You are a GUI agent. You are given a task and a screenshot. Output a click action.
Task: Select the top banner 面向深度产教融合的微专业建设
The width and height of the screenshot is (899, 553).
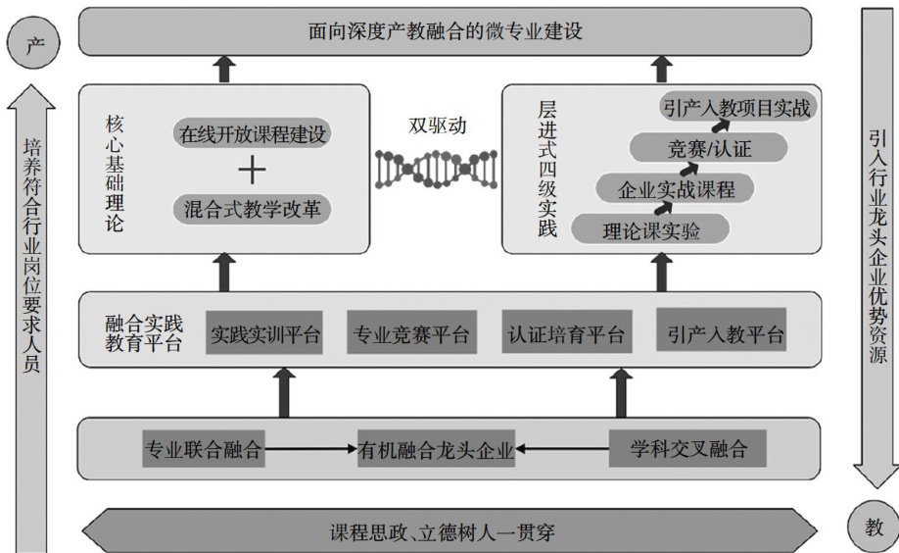[x=445, y=31]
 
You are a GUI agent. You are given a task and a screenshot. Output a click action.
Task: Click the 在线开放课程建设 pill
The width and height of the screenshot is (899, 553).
[x=253, y=133]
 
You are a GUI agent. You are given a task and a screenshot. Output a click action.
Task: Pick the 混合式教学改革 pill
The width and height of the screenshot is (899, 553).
[x=253, y=209]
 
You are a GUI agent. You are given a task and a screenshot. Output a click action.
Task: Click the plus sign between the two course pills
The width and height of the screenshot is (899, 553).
[x=252, y=171]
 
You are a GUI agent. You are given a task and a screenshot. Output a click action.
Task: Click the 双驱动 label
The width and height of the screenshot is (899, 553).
[x=438, y=126]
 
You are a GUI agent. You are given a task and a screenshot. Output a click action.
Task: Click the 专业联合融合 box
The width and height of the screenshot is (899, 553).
[x=204, y=450]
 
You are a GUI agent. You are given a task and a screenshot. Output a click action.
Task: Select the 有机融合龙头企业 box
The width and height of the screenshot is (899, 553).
[x=437, y=450]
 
